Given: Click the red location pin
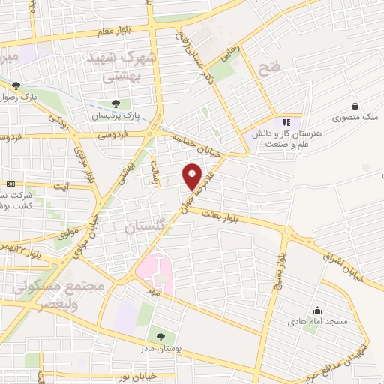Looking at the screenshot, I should pos(193,175).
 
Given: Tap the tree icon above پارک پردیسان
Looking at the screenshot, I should pos(115,104).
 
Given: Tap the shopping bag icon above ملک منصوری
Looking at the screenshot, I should pos(363,106).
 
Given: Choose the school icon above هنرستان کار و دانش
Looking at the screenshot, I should pos(286,122).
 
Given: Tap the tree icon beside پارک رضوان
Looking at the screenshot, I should pos(15,85).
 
